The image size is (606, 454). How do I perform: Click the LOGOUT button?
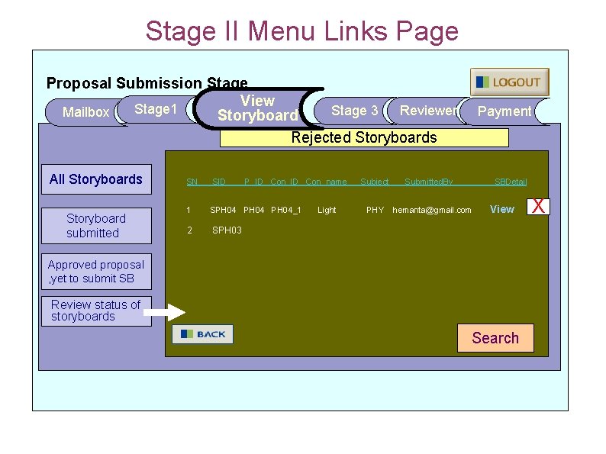(x=509, y=82)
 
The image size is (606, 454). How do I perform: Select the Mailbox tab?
(x=85, y=112)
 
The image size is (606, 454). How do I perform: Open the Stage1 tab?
(x=155, y=110)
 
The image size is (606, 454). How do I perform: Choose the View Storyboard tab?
(x=257, y=108)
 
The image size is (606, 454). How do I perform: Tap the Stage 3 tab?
(x=354, y=111)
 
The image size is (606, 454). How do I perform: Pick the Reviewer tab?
(x=428, y=111)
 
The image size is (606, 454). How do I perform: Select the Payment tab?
(x=504, y=111)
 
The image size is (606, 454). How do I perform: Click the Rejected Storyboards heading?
(x=364, y=137)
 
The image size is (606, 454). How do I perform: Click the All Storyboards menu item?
(x=96, y=179)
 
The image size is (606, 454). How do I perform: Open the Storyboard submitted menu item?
(x=95, y=226)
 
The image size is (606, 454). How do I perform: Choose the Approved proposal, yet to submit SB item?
(x=95, y=272)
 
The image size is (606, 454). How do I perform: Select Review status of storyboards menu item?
(x=95, y=311)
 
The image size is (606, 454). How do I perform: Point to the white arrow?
(x=165, y=312)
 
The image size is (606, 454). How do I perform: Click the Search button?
(x=495, y=338)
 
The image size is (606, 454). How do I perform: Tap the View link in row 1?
(x=501, y=209)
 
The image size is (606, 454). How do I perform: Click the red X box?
(x=539, y=206)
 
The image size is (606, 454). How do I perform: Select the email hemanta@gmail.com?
(x=432, y=210)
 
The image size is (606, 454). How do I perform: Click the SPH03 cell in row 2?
(x=227, y=230)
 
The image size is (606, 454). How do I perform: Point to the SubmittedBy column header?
(x=428, y=182)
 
